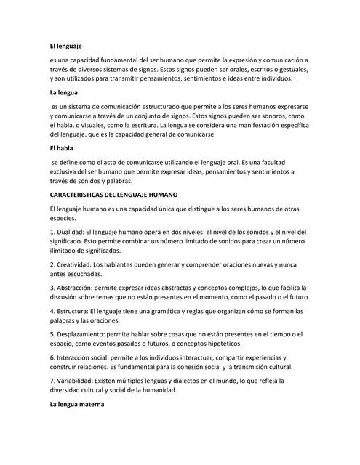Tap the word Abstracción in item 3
point(80,287)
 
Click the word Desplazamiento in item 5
point(87,333)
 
